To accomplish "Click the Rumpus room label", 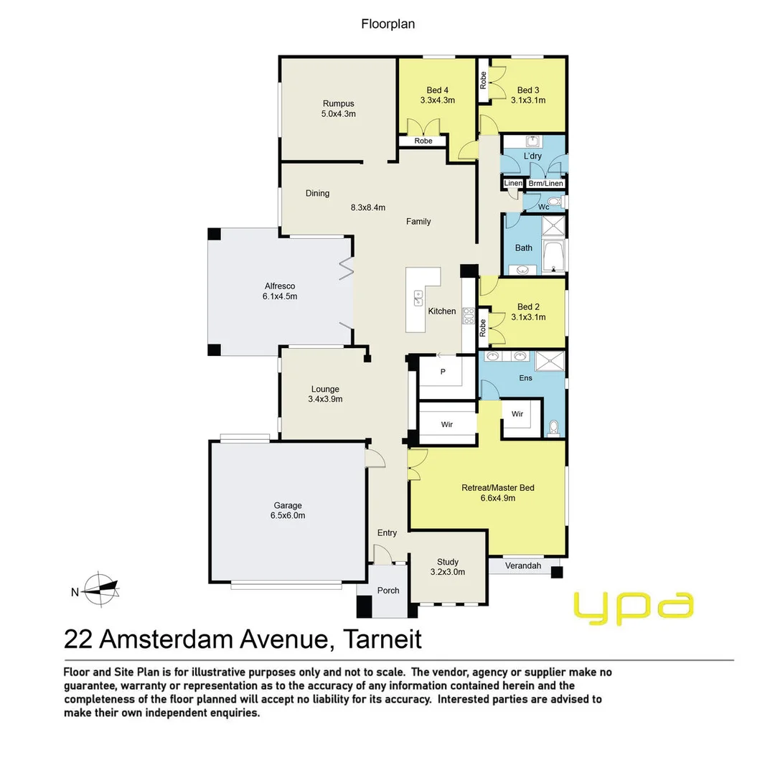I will click(339, 103).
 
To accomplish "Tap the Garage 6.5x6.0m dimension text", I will click(286, 515).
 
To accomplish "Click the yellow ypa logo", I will click(634, 606).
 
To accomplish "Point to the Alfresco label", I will click(280, 286).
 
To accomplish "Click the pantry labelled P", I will click(443, 372).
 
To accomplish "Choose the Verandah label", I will click(522, 566).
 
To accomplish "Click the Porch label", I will click(388, 591).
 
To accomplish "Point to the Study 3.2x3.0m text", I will click(448, 572).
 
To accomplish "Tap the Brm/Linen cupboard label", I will click(545, 184).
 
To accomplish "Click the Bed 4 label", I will click(437, 90).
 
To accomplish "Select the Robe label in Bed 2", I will click(483, 328).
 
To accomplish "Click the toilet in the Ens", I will click(553, 429).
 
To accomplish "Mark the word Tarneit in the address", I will click(382, 638).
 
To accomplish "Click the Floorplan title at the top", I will click(387, 24).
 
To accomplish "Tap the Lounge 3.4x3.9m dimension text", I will click(321, 399).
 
